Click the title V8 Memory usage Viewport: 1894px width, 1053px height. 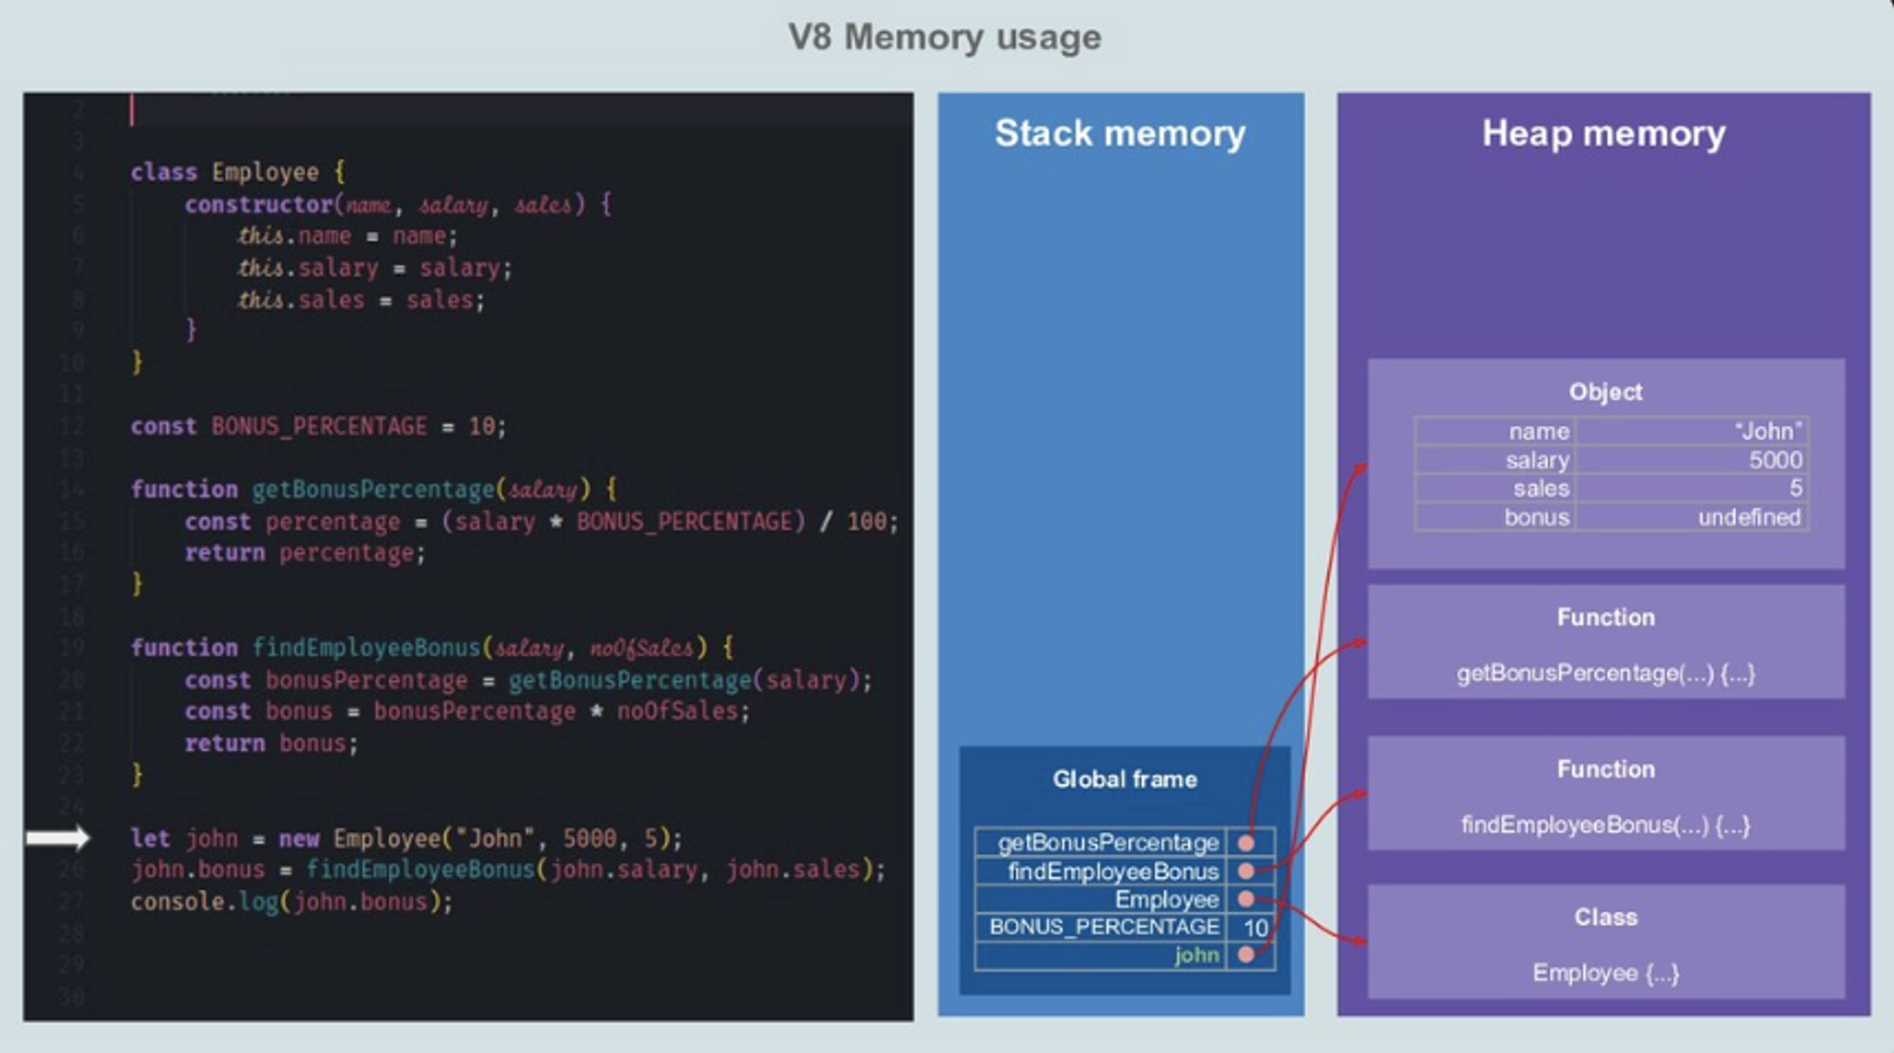pyautogui.click(x=945, y=38)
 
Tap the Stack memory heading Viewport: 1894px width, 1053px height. pyautogui.click(x=1120, y=134)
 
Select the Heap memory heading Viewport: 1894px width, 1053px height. pyautogui.click(x=1603, y=134)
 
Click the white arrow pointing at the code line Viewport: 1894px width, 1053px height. pyautogui.click(x=58, y=838)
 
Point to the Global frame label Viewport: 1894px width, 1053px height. pyautogui.click(x=1125, y=779)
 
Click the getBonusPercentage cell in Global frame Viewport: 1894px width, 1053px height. pyautogui.click(x=1108, y=843)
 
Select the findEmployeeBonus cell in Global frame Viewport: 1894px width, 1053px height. pyautogui.click(x=1113, y=871)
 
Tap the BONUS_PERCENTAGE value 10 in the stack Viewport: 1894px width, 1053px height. pyautogui.click(x=1256, y=928)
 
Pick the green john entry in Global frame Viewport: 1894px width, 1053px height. pyautogui.click(x=1196, y=955)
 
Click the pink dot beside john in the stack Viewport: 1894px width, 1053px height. pyautogui.click(x=1246, y=955)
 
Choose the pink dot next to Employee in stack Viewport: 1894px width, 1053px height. pyautogui.click(x=1246, y=900)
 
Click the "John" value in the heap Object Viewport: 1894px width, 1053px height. pyautogui.click(x=1768, y=432)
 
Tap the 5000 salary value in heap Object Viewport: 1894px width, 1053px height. pyautogui.click(x=1775, y=460)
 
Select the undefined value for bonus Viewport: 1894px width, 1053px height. pyautogui.click(x=1749, y=518)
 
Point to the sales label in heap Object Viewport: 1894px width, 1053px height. pyautogui.click(x=1541, y=489)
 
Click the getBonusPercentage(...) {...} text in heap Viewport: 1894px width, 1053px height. pyautogui.click(x=1605, y=674)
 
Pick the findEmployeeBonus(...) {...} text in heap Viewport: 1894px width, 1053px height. pyautogui.click(x=1605, y=826)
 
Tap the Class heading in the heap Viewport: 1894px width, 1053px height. pyautogui.click(x=1605, y=917)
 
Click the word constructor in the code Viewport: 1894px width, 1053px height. pyautogui.click(x=259, y=205)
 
